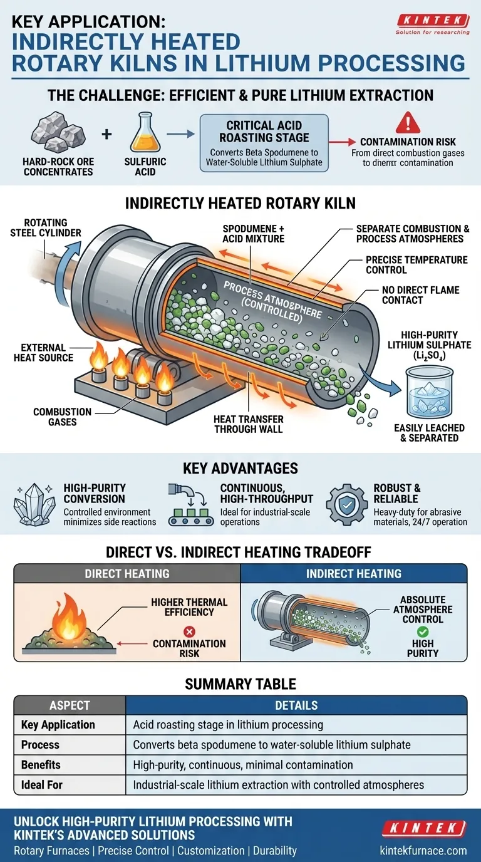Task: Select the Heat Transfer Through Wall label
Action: [x=249, y=424]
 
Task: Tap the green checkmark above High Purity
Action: [x=423, y=631]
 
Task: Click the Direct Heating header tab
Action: [x=127, y=573]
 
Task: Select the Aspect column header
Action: [x=70, y=706]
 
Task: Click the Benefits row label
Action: [x=41, y=764]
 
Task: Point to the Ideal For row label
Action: [x=42, y=784]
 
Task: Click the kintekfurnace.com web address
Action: [x=423, y=851]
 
